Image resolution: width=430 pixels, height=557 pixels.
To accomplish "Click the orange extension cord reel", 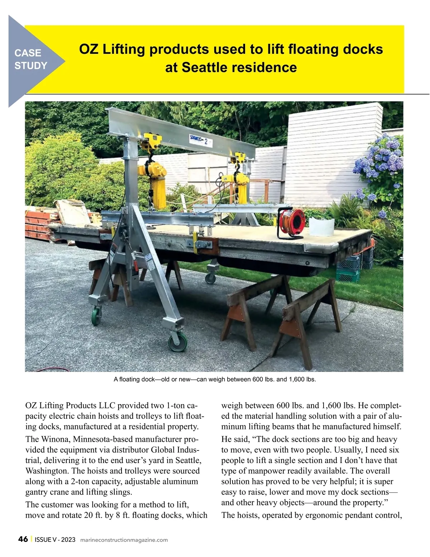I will [291, 224].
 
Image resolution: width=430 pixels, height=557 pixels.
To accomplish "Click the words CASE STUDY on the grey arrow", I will [31, 59].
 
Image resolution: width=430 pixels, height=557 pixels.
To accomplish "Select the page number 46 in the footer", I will [23, 539].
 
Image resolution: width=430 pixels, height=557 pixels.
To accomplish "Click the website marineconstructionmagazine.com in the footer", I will [124, 540].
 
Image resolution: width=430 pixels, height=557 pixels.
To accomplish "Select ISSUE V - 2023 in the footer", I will [55, 540].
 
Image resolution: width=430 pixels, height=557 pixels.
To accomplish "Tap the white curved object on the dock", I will [321, 226].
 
